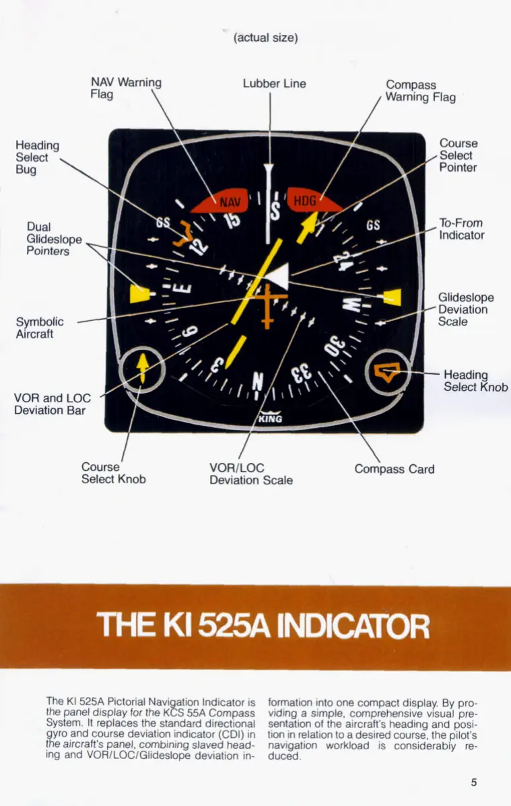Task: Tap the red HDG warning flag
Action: pos(311,200)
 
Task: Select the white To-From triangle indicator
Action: pos(279,276)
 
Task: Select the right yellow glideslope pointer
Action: pos(392,296)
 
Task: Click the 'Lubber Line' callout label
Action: pos(274,83)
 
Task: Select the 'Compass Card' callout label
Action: pos(394,469)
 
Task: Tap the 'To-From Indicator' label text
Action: pos(461,229)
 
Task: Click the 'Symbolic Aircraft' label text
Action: pos(40,328)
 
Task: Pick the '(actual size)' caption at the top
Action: pos(265,38)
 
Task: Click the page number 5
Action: pos(474,782)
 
